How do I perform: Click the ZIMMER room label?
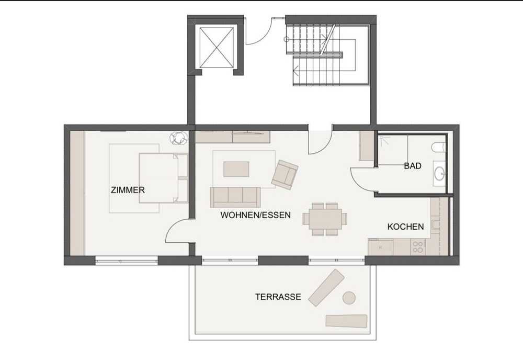pyautogui.click(x=128, y=190)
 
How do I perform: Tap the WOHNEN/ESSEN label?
pyautogui.click(x=256, y=215)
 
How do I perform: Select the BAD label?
pyautogui.click(x=413, y=166)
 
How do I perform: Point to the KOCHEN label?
pyautogui.click(x=406, y=227)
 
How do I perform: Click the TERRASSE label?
pyautogui.click(x=278, y=297)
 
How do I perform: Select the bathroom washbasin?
pyautogui.click(x=439, y=173)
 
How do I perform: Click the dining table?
pyautogui.click(x=325, y=219)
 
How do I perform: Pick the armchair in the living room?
pyautogui.click(x=285, y=174)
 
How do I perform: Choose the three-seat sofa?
pyautogui.click(x=235, y=197)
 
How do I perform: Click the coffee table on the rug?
pyautogui.click(x=236, y=169)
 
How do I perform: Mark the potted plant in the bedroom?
pyautogui.click(x=178, y=138)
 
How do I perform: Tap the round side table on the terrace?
pyautogui.click(x=349, y=298)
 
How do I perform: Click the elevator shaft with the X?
pyautogui.click(x=216, y=48)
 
